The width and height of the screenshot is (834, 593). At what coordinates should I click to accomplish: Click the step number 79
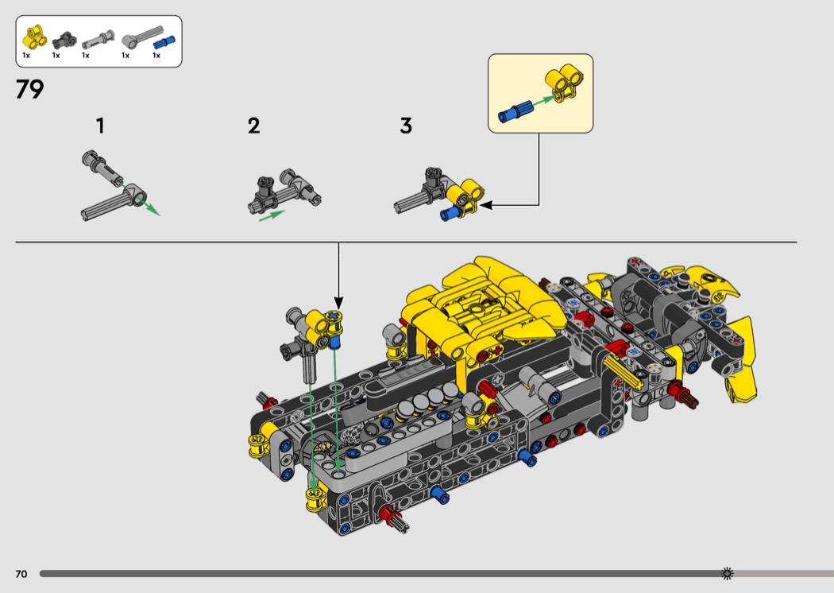pyautogui.click(x=30, y=90)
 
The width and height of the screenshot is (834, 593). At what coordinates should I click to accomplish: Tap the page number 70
pyautogui.click(x=21, y=574)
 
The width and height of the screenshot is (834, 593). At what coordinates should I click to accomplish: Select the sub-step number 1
pyautogui.click(x=100, y=126)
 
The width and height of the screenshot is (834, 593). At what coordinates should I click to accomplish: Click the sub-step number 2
pyautogui.click(x=253, y=126)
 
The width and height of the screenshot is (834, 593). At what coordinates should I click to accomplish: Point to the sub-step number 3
pyautogui.click(x=406, y=126)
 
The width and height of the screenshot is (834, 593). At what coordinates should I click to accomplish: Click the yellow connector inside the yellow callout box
pyautogui.click(x=564, y=83)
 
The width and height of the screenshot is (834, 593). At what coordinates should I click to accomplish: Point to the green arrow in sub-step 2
pyautogui.click(x=272, y=215)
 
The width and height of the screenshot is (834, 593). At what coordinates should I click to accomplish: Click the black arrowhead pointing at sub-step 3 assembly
pyautogui.click(x=485, y=205)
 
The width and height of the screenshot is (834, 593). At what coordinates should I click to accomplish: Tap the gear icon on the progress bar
pyautogui.click(x=727, y=573)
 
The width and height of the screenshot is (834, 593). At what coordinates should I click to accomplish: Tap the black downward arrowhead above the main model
pyautogui.click(x=338, y=304)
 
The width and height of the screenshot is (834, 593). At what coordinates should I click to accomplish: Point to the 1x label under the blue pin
pyautogui.click(x=156, y=56)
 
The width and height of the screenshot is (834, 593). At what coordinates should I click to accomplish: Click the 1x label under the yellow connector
pyautogui.click(x=26, y=56)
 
